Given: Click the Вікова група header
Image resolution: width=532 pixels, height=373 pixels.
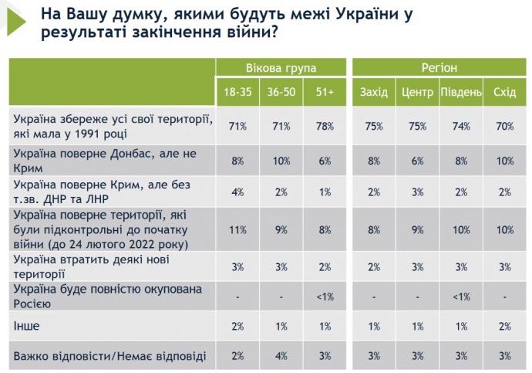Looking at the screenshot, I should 281,68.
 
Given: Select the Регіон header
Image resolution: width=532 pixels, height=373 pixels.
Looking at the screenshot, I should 439,68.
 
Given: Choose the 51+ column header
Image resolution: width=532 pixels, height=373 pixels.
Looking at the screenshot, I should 324,93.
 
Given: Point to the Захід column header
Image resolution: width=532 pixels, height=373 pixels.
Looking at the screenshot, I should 374,93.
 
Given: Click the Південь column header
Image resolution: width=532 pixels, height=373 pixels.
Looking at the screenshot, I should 461,93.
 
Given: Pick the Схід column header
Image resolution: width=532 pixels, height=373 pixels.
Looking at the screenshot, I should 504,93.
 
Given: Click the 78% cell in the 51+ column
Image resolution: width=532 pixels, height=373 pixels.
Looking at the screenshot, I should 324,127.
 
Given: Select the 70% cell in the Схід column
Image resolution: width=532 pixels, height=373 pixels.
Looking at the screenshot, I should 504,127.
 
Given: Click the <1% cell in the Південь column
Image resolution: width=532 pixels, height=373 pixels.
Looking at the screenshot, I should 461,295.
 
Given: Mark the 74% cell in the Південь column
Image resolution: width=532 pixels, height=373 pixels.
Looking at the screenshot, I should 461,127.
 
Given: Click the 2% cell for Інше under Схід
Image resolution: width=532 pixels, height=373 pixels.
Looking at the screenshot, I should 504,327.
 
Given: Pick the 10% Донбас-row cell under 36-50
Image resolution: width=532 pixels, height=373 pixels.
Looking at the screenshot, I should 281,160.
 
